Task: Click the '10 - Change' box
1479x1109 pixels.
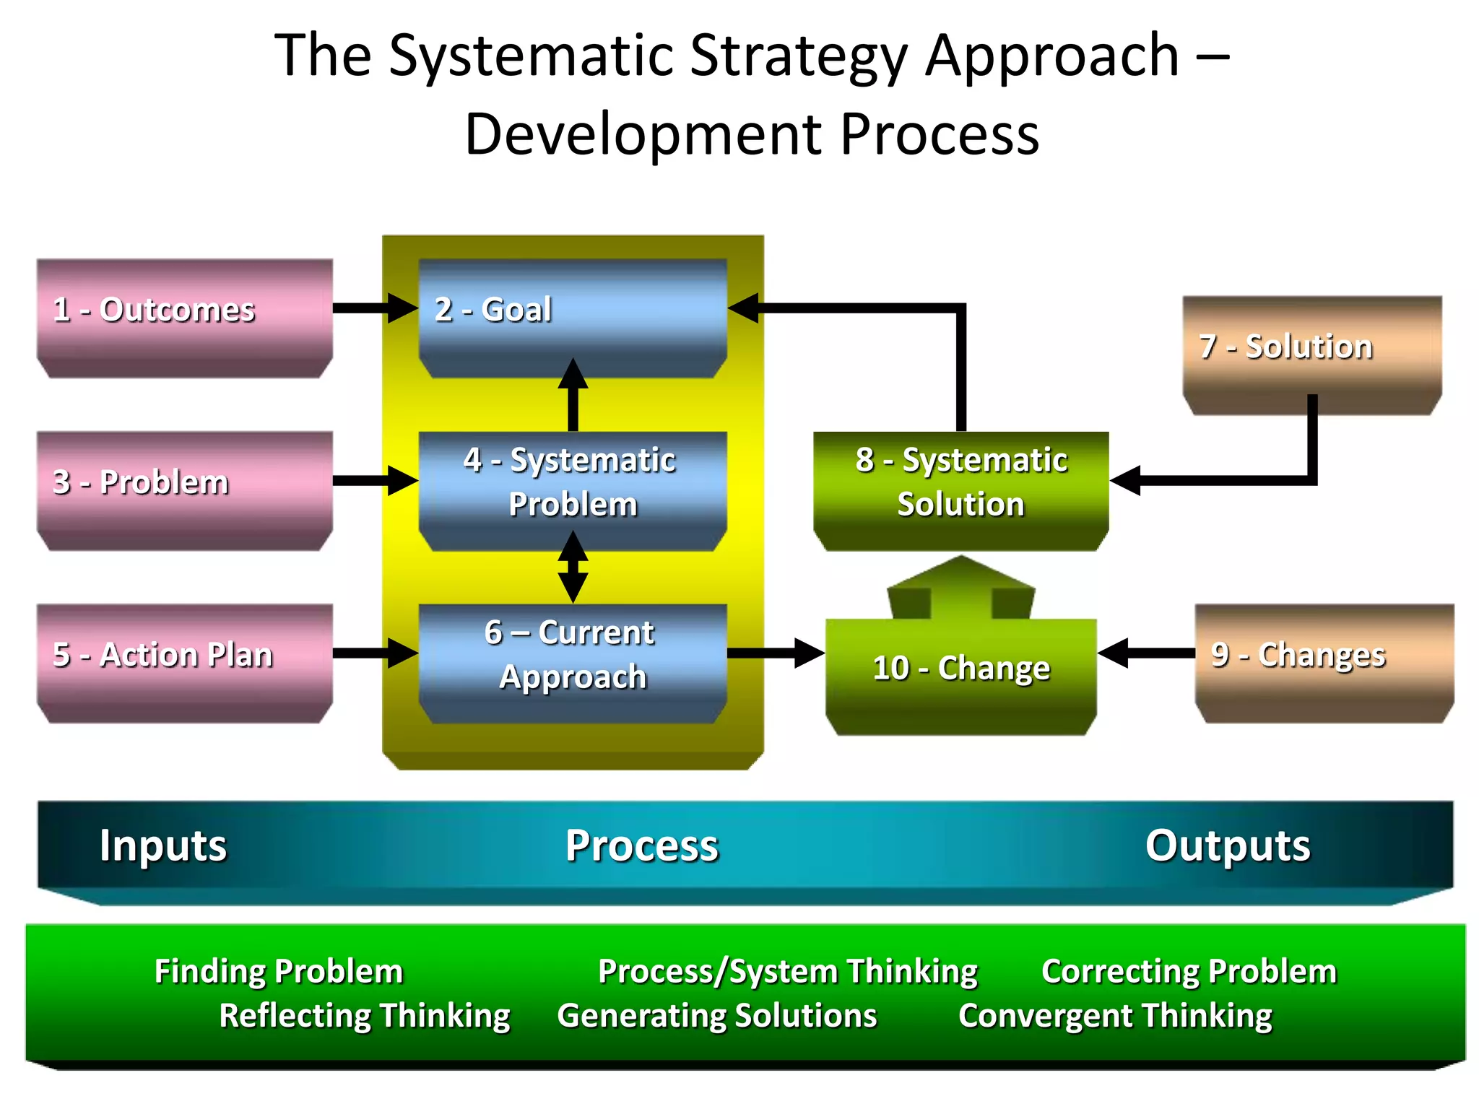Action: click(x=960, y=675)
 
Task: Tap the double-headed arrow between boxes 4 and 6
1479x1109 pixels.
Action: click(x=573, y=567)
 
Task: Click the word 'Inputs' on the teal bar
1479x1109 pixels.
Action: click(x=163, y=845)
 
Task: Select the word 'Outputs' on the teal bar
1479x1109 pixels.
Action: click(x=1227, y=845)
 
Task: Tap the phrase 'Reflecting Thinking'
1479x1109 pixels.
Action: click(x=365, y=1015)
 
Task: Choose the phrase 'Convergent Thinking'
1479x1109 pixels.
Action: click(x=1115, y=1015)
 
